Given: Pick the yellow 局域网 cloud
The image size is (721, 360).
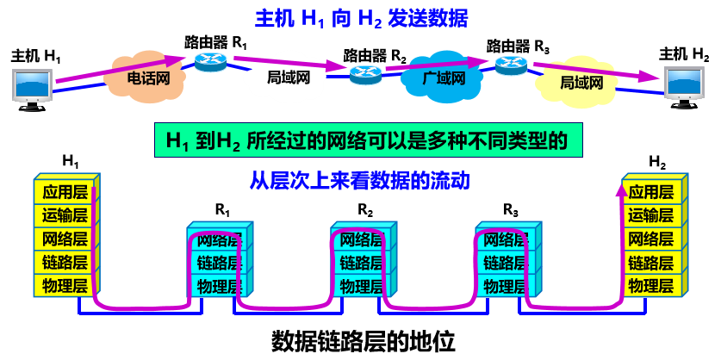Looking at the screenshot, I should tap(581, 84).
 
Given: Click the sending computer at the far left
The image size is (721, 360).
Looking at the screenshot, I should tap(32, 87).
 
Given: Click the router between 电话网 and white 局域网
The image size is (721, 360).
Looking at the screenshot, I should tap(209, 61).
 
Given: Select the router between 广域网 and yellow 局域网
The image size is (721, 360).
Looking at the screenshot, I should tap(511, 65).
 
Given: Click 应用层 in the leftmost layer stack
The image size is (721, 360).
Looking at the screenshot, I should tap(65, 192).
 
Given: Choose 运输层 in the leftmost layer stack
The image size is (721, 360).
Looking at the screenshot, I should tap(65, 215).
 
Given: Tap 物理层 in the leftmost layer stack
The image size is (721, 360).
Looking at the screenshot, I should tap(65, 285).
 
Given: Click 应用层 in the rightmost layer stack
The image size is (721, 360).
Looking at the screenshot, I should tap(650, 192).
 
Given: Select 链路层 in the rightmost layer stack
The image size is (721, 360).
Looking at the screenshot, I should tap(650, 262).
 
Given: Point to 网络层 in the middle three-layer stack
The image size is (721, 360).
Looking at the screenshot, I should tap(361, 239).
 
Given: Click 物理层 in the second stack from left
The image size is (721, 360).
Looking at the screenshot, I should tap(217, 285).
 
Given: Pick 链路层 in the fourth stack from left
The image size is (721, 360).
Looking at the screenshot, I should tap(505, 262).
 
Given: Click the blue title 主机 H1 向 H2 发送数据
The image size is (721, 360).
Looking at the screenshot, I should tap(361, 18).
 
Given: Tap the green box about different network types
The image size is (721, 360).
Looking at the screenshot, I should tap(368, 140).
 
